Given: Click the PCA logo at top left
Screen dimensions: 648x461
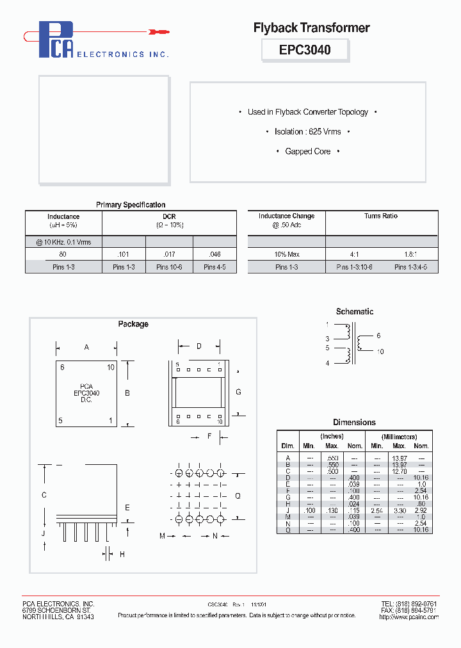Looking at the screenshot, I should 56,40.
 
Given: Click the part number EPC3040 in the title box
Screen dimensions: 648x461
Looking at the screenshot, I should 305,49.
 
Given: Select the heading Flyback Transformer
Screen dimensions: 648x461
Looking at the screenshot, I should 311,28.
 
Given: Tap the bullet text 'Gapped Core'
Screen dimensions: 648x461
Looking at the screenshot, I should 308,152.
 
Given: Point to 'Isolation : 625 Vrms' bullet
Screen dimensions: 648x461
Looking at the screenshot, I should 308,132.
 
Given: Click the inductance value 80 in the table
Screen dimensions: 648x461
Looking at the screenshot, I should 63,254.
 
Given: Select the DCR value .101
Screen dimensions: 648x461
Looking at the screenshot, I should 124,254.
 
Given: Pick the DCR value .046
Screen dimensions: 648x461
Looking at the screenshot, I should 214,254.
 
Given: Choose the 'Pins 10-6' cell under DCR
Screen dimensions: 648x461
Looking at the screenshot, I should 170,267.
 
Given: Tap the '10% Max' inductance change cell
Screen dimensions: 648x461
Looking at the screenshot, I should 286,254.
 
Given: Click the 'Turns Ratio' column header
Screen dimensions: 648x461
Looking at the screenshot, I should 381,216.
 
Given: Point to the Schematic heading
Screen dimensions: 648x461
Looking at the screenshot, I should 354,312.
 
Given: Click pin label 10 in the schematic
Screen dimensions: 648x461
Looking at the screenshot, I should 380,352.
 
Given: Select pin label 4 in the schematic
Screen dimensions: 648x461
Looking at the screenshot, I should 327,364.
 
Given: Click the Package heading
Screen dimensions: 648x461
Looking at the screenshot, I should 133,324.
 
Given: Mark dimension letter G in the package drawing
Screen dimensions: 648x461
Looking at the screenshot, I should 238,391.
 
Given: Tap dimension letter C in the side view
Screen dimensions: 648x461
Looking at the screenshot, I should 44,494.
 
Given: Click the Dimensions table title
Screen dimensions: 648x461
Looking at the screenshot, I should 354,423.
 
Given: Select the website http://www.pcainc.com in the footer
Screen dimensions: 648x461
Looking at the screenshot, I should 408,617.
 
